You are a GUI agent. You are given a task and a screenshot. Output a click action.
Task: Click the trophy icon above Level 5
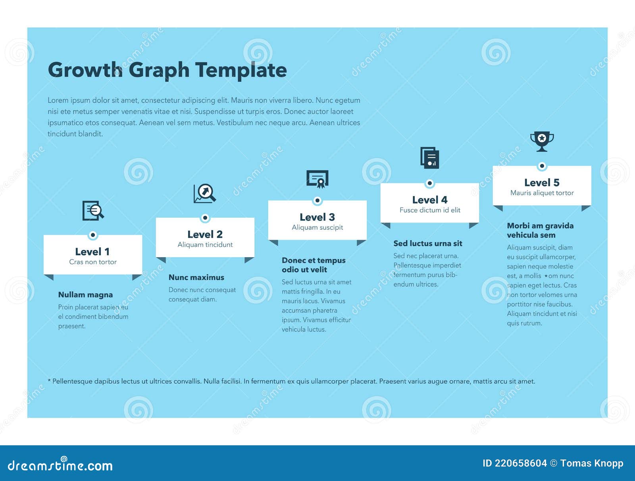tap(542, 141)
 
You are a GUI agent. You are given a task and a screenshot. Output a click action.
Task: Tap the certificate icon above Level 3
tap(317, 179)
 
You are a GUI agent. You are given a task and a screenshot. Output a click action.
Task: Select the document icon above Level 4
tap(430, 158)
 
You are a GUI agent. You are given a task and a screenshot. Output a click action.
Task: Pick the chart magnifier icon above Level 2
tap(205, 193)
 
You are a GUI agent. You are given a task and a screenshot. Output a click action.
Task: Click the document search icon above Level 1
tap(93, 210)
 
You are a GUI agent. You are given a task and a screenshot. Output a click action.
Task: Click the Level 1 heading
tap(92, 252)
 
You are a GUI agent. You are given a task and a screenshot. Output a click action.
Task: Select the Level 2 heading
tap(205, 234)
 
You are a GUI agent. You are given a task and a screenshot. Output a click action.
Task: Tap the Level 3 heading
tap(317, 217)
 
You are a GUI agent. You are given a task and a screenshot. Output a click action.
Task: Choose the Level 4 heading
tap(429, 200)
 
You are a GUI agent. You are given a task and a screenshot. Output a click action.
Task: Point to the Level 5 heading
tap(542, 183)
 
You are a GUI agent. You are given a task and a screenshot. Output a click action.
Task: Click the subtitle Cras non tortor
tap(93, 262)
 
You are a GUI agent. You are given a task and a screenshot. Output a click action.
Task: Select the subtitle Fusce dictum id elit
tap(430, 210)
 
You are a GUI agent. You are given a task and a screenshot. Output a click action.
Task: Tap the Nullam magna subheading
tap(85, 294)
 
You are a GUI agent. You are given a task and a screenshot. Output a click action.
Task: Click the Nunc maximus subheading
tap(196, 277)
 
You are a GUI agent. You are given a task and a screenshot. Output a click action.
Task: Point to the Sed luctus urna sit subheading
tap(428, 243)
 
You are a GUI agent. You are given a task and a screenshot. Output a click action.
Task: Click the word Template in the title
tap(241, 70)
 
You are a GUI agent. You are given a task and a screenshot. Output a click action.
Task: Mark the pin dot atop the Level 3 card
tap(317, 200)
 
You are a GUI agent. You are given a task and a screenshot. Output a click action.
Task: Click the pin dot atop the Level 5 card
tap(542, 166)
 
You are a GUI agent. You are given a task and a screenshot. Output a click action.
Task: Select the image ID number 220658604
tap(521, 463)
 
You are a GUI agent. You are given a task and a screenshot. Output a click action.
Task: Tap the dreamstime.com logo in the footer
tap(60, 465)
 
